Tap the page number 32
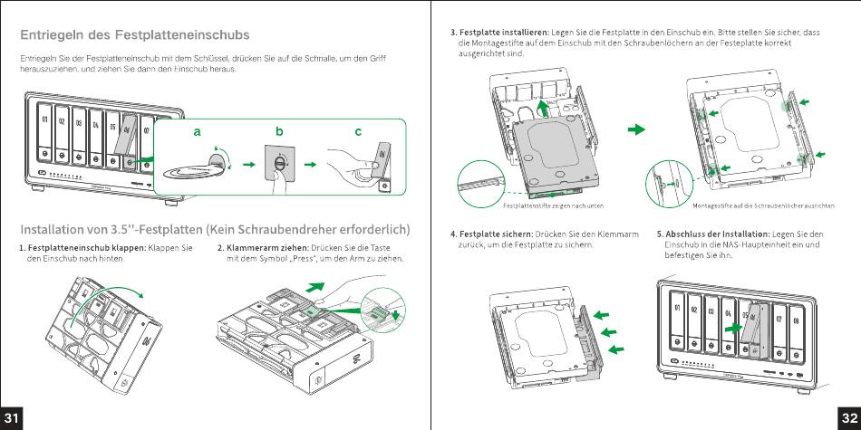[x=849, y=417]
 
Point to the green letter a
[x=196, y=131]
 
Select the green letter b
[x=280, y=131]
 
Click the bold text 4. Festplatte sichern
[x=493, y=234]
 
